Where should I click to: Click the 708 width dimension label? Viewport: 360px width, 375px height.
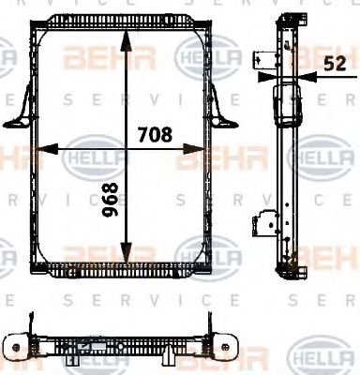point(154,134)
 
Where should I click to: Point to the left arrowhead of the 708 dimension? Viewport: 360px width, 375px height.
point(41,148)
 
